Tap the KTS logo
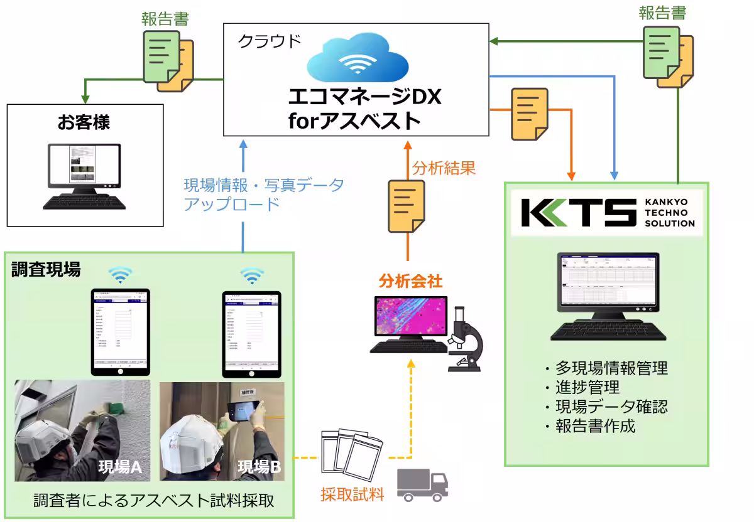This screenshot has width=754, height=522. coord(579,213)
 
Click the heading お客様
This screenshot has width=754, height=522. coord(84,122)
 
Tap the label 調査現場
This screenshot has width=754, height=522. coord(46,270)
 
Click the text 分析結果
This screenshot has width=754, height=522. coord(444,168)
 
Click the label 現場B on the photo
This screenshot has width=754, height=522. coord(260,467)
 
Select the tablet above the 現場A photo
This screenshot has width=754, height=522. coord(121,331)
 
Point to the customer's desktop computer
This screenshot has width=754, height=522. coord(84,176)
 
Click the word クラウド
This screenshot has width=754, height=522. coord(269,41)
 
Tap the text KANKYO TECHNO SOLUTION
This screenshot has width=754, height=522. coord(670,213)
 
